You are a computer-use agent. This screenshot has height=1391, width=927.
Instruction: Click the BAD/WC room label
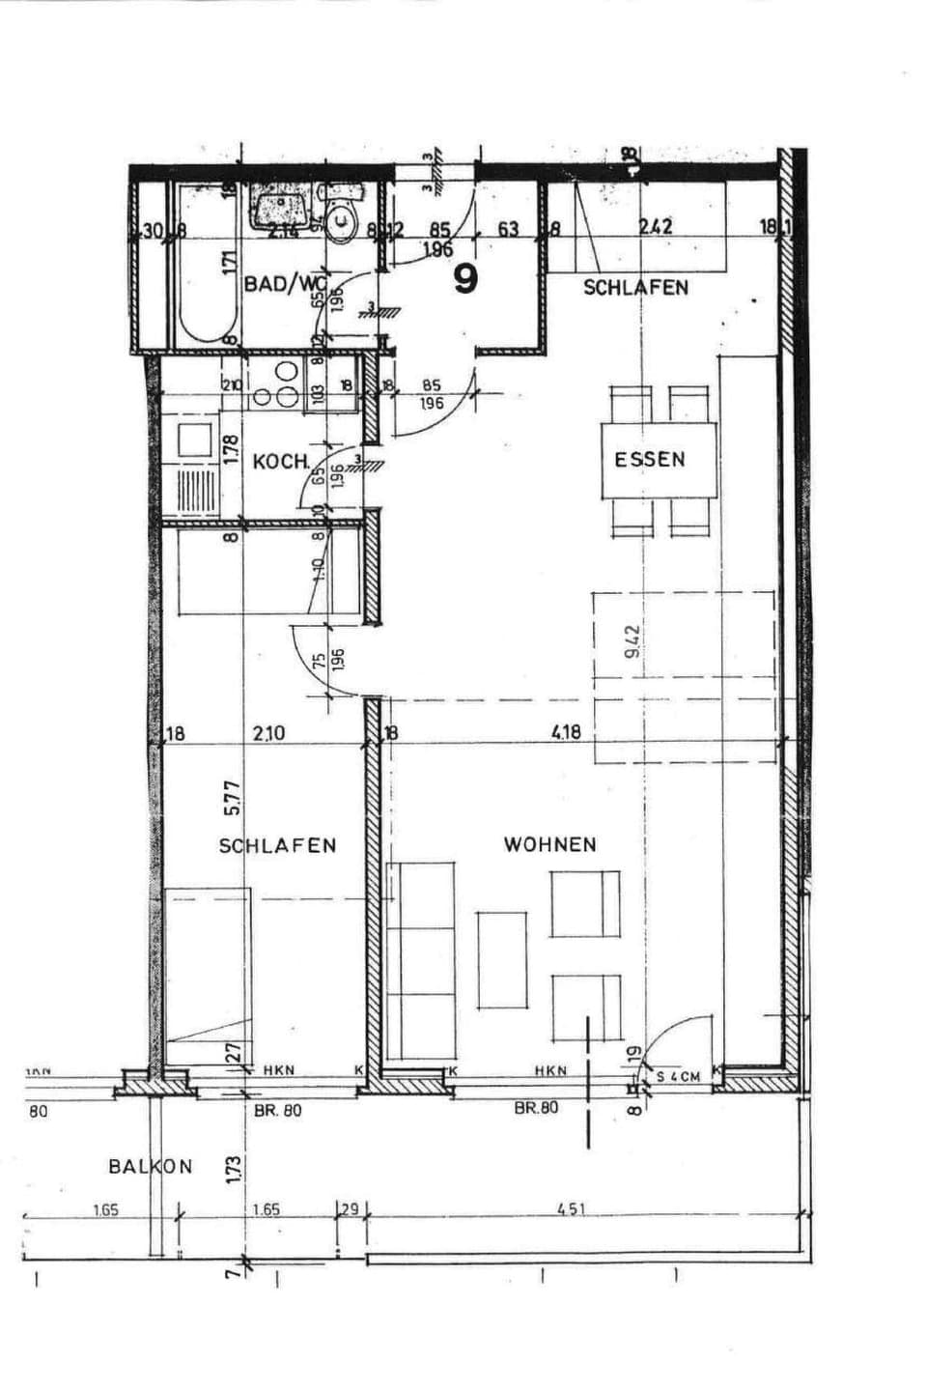[x=281, y=284]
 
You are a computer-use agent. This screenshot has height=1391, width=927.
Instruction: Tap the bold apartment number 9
[x=465, y=279]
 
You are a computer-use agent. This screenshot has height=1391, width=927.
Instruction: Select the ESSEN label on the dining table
[x=650, y=459]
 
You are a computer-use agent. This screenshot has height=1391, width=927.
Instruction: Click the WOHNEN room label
[x=549, y=844]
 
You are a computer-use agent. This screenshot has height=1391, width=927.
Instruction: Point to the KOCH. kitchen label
[x=281, y=462]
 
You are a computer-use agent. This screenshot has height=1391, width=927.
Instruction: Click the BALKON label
[x=151, y=1166]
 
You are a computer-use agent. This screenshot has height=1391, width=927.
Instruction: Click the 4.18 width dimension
[x=566, y=732]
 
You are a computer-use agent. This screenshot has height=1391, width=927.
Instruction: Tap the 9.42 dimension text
[x=633, y=641]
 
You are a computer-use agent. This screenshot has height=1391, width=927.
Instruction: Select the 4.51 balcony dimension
[x=572, y=1208]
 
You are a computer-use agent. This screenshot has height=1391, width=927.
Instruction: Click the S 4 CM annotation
[x=680, y=1076]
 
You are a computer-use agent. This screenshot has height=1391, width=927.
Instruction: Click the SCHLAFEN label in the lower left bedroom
[x=277, y=846]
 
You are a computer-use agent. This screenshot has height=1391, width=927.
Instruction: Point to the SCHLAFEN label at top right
[x=635, y=288]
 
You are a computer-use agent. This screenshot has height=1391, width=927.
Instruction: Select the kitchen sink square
[x=194, y=440]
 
